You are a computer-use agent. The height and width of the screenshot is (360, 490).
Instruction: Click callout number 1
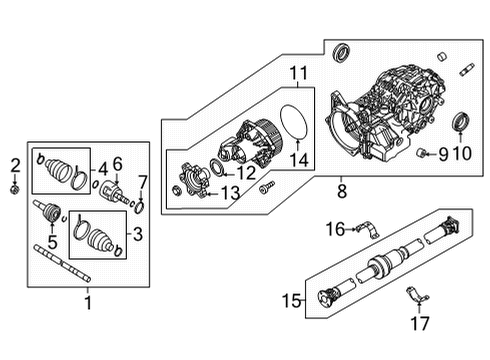click(x=88, y=301)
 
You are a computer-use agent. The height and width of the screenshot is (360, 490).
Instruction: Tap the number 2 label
click(x=14, y=164)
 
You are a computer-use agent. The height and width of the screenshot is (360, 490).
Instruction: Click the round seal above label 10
click(x=464, y=123)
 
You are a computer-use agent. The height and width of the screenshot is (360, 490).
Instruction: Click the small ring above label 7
click(x=138, y=206)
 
